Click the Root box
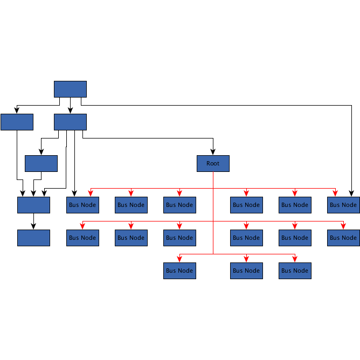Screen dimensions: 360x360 pos(213,163)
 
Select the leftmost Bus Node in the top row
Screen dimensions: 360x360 pos(82,205)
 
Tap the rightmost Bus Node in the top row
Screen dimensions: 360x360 pos(343,205)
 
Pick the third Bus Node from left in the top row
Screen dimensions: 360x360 pos(179,205)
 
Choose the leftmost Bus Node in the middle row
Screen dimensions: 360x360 pos(82,238)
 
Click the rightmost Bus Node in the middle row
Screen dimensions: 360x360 pos(343,238)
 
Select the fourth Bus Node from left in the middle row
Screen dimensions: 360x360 pos(246,238)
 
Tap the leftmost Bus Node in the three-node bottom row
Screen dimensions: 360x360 pos(179,271)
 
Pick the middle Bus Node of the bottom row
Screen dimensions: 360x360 pos(246,271)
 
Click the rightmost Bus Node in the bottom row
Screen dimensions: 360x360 pos(295,271)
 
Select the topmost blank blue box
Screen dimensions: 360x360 pos(70,89)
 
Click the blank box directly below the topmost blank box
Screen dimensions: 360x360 pos(70,122)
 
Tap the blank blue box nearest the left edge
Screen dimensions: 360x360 pos(17,122)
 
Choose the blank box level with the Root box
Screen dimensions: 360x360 pos(41,163)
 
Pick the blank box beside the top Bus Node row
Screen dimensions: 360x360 pos(33,205)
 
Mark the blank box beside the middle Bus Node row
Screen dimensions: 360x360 pos(33,238)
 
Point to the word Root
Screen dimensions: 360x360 pos(213,163)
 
